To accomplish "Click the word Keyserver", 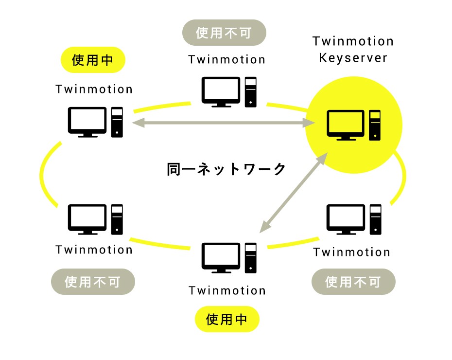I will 353,58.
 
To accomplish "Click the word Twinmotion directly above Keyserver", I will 353,41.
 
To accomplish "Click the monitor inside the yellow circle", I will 346,125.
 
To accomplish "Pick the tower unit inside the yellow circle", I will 375,125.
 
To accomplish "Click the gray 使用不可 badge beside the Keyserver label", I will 224,33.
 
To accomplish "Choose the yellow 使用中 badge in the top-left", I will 92,60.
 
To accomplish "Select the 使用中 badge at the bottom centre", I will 227,319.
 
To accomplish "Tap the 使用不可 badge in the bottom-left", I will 92,282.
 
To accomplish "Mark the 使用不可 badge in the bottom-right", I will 353,282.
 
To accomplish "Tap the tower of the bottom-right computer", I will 375,219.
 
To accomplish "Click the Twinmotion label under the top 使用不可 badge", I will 227,59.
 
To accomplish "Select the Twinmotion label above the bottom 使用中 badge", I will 227,290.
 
